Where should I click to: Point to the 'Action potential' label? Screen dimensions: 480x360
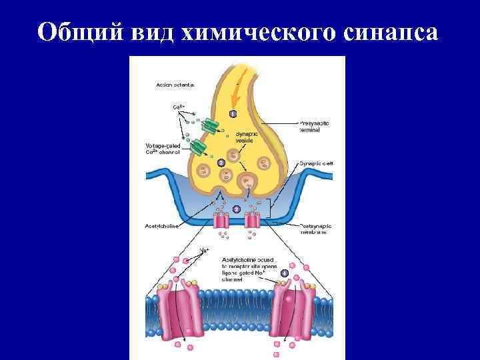[x=175, y=85]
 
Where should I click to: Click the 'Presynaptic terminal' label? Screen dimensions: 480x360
[x=314, y=127]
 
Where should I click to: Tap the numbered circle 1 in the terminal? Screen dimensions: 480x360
[x=233, y=114]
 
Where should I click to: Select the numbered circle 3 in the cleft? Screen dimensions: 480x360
[x=235, y=209]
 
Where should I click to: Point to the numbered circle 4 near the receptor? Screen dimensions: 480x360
[x=285, y=273]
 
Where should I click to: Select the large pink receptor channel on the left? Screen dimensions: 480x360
[x=182, y=307]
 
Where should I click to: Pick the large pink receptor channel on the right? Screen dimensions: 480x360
[x=295, y=307]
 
